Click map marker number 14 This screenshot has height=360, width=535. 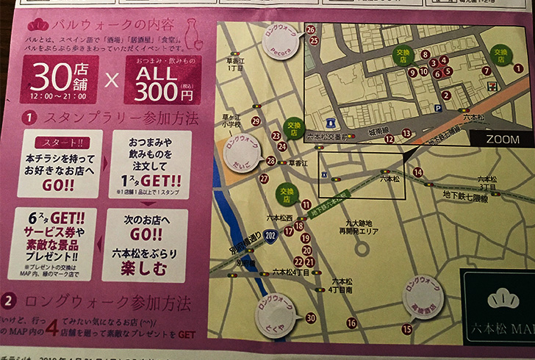417,172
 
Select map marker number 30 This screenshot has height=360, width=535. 310,318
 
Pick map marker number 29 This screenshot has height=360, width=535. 256,121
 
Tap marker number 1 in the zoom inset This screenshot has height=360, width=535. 517,68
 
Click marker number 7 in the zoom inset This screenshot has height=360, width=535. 486,71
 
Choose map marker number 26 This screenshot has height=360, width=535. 310,29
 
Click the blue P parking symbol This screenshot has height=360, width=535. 438,107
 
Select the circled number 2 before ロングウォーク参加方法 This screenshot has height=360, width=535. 9,300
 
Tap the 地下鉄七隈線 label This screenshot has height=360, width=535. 464,198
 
